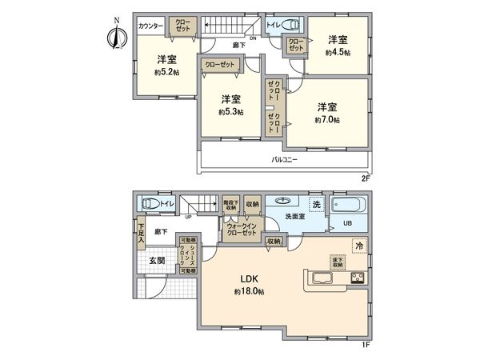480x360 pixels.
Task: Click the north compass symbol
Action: [114, 36]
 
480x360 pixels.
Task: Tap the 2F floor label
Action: [366, 178]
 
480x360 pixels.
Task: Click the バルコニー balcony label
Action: [285, 159]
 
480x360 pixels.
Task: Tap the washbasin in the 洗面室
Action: [283, 202]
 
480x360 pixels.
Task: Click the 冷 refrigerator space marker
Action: [359, 246]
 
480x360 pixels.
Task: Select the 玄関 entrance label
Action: [156, 261]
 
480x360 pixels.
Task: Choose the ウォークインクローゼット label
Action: [241, 230]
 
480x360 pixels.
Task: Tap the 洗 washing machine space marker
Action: [316, 206]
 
